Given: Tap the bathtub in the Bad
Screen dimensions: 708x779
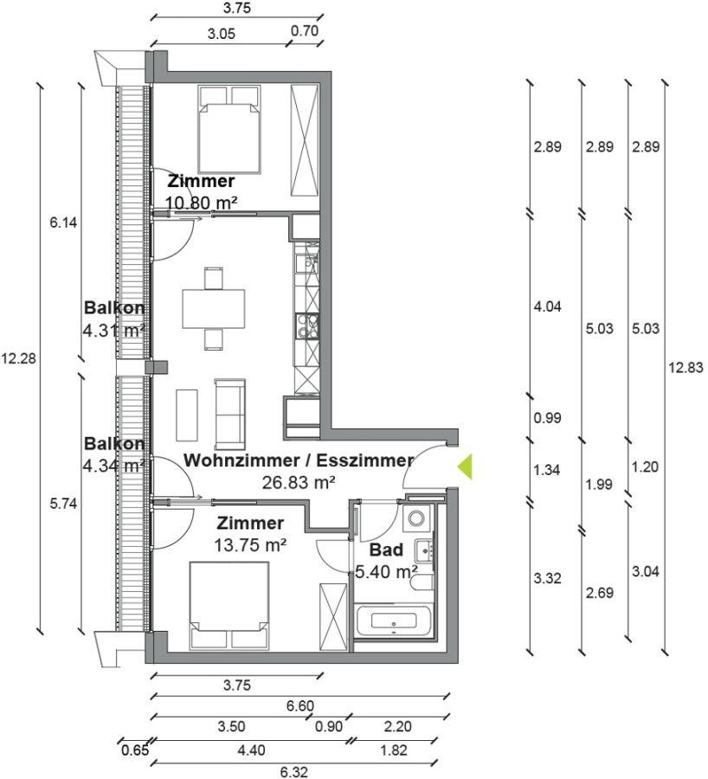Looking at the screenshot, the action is [394, 621].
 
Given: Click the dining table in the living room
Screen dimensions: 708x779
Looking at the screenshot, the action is [214, 308].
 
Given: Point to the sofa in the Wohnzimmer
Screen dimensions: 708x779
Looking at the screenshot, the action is [229, 415].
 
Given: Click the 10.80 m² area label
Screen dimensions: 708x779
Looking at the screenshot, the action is [201, 203].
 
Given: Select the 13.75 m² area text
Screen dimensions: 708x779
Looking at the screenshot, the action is [250, 545].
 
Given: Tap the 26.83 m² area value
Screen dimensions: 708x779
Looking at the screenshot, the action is [298, 482].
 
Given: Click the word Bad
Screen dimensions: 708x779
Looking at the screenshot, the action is [386, 550].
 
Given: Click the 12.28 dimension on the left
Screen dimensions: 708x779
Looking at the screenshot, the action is [18, 358].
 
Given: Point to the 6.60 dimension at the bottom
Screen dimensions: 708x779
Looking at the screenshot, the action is [300, 705].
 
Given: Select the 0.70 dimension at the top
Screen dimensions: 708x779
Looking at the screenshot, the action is [304, 31].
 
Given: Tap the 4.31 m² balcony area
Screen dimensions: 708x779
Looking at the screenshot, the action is [114, 331].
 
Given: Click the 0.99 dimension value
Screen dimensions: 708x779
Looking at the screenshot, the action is [547, 418].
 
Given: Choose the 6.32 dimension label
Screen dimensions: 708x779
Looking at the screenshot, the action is [293, 771].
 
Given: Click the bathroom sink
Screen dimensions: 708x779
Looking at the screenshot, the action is [424, 550].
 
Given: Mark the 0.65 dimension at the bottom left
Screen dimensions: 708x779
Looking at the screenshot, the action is [135, 750].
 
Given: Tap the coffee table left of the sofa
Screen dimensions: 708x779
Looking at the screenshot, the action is [187, 415].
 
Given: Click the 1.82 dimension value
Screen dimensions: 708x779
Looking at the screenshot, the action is [394, 750].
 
